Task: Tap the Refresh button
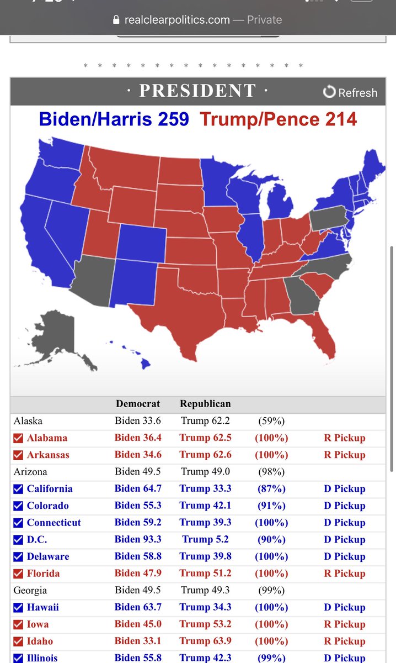[x=351, y=92]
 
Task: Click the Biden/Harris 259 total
[x=114, y=119]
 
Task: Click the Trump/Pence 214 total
[x=279, y=119]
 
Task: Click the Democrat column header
[x=137, y=404]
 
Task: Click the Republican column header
[x=205, y=404]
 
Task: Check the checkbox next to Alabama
[x=18, y=438]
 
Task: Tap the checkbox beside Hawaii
[x=18, y=608]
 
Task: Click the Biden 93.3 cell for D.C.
[x=138, y=540]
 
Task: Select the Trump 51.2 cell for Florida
[x=205, y=573]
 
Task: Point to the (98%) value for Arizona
[x=271, y=472]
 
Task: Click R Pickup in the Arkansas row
[x=344, y=455]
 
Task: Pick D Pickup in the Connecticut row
[x=344, y=523]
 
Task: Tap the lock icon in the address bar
[x=115, y=20]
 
